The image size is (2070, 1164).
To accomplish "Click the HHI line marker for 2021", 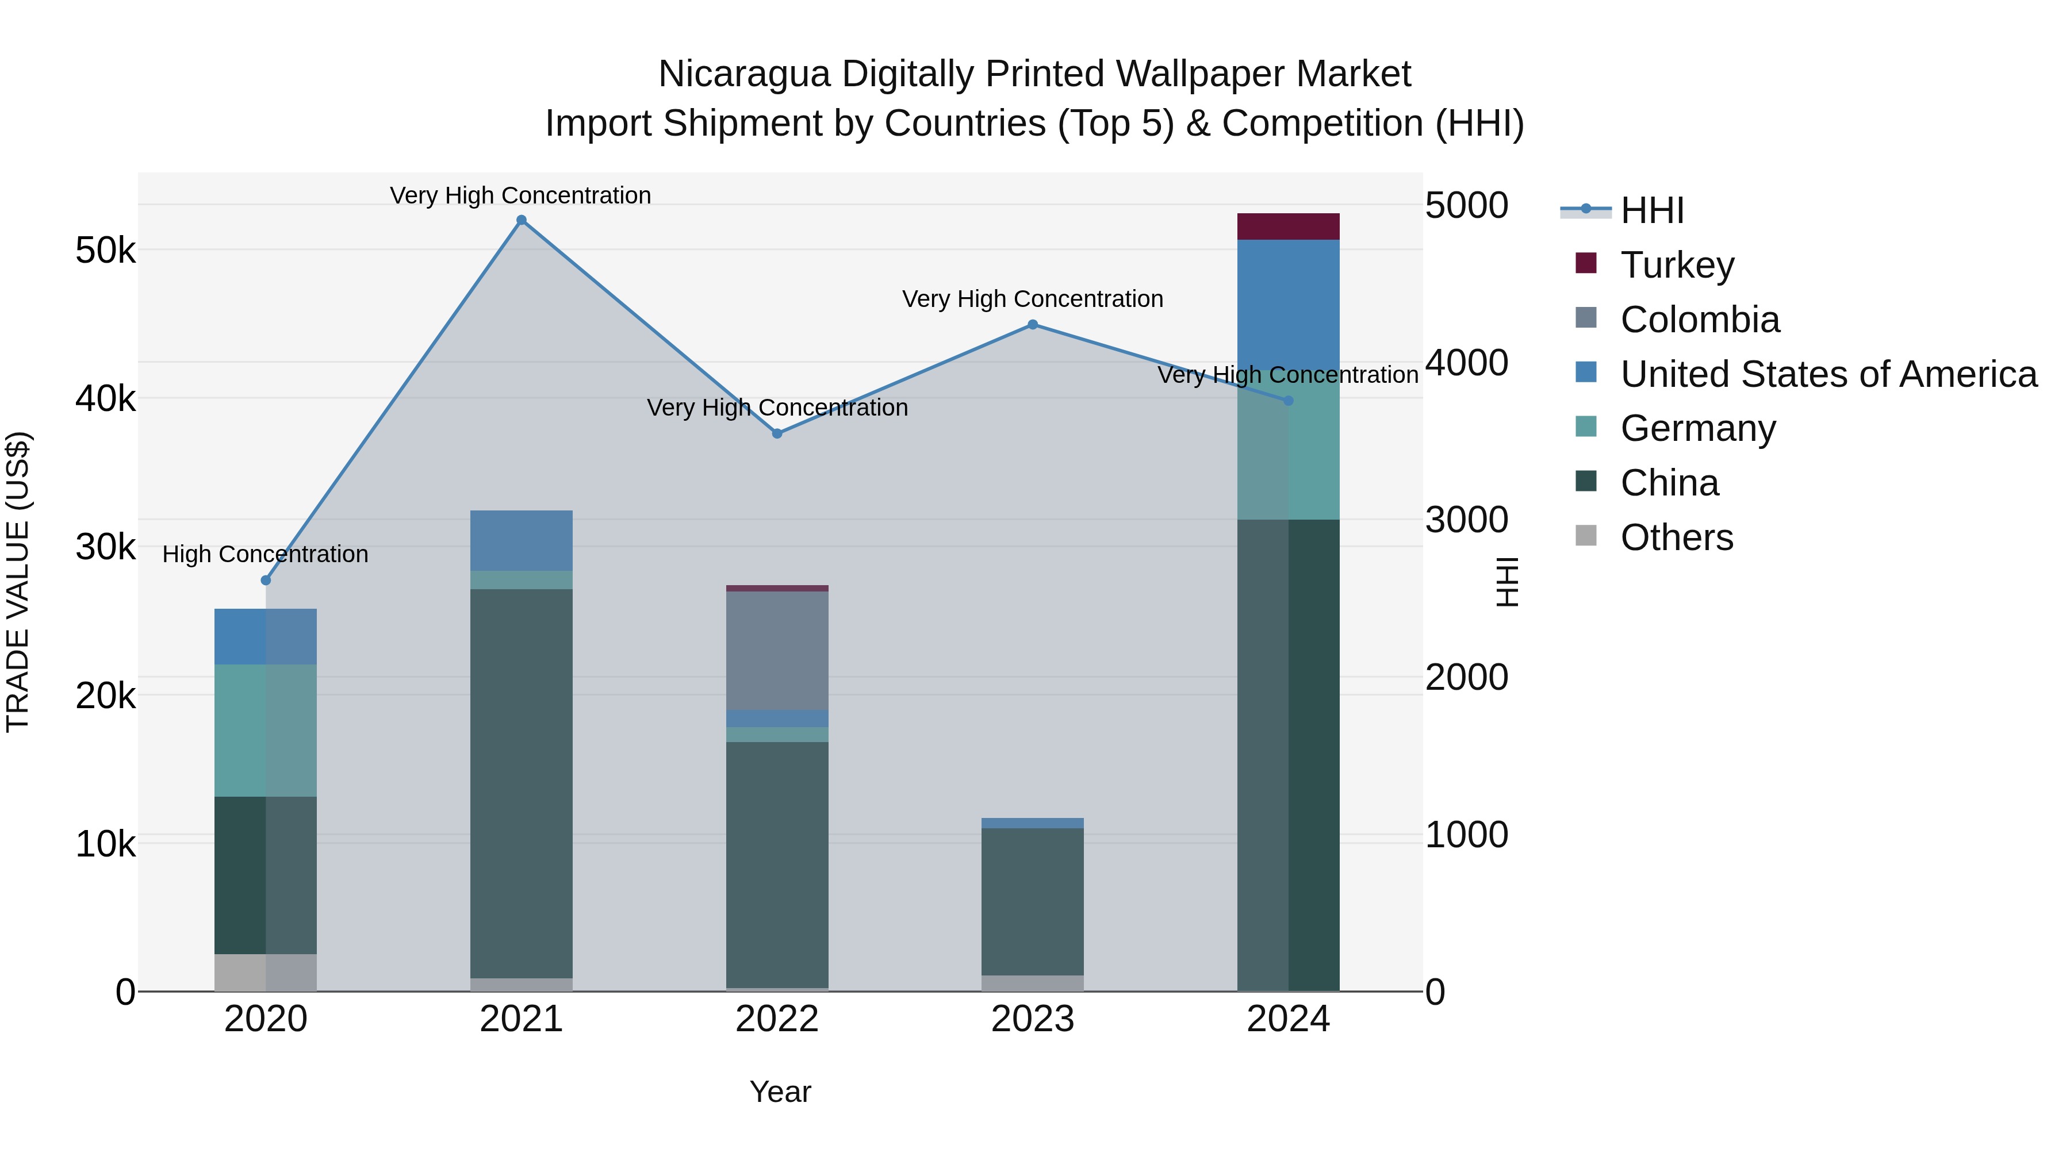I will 522,220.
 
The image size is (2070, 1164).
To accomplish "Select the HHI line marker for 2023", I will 1033,325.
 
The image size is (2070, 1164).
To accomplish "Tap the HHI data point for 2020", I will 266,580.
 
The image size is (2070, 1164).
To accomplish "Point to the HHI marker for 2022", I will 777,434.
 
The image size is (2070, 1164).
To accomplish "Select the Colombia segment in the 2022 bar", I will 777,651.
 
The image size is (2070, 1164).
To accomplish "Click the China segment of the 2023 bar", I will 1033,901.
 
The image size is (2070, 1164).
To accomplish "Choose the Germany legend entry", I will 1697,428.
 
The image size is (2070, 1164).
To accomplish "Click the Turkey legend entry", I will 1677,264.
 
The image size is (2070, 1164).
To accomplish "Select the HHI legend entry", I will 1651,210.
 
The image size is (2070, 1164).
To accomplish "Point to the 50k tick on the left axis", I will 105,251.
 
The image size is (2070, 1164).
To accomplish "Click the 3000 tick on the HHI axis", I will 1466,520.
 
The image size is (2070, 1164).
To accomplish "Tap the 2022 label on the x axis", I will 777,1019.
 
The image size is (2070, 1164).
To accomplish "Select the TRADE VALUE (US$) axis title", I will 18,582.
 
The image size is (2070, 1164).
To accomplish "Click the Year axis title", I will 780,1092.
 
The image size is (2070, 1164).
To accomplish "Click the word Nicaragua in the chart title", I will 744,74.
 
